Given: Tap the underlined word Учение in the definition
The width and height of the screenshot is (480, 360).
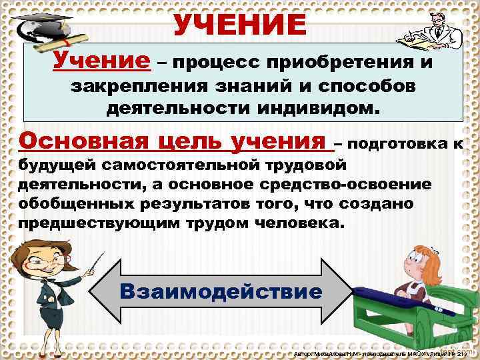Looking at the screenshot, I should click(102, 61).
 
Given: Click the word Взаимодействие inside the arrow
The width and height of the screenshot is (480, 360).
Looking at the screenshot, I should click(219, 292).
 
